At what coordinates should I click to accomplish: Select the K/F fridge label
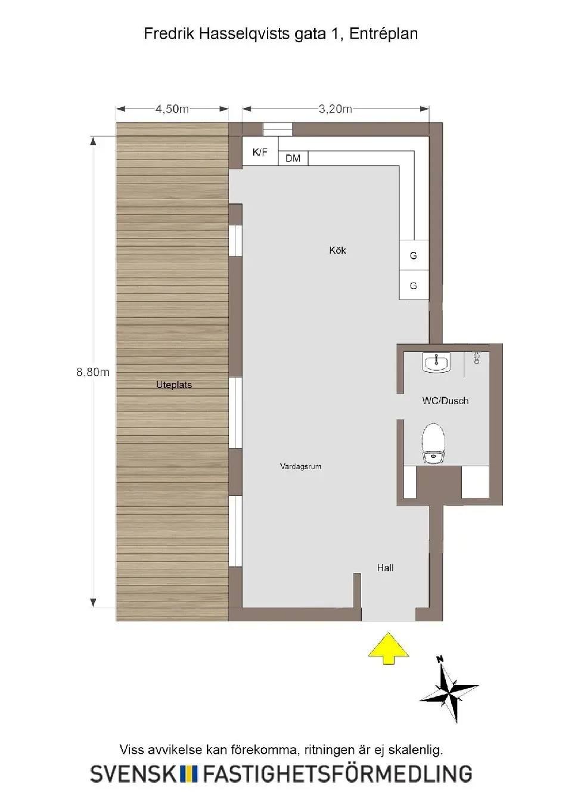260,152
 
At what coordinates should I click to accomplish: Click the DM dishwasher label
293,159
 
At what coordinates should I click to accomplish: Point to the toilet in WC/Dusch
433,443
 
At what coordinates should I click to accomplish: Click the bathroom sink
437,363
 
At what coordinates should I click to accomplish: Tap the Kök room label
337,250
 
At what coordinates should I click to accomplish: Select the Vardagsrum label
300,466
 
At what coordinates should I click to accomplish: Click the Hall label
385,568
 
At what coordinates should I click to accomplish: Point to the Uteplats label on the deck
173,385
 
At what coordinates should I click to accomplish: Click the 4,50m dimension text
172,109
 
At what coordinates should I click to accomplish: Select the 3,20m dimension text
335,109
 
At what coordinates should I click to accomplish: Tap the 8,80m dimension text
93,373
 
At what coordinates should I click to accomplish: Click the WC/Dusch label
445,401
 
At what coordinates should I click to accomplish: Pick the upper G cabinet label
413,256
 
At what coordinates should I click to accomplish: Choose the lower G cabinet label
413,286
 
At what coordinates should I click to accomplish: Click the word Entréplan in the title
383,34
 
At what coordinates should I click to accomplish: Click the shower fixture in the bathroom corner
477,358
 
